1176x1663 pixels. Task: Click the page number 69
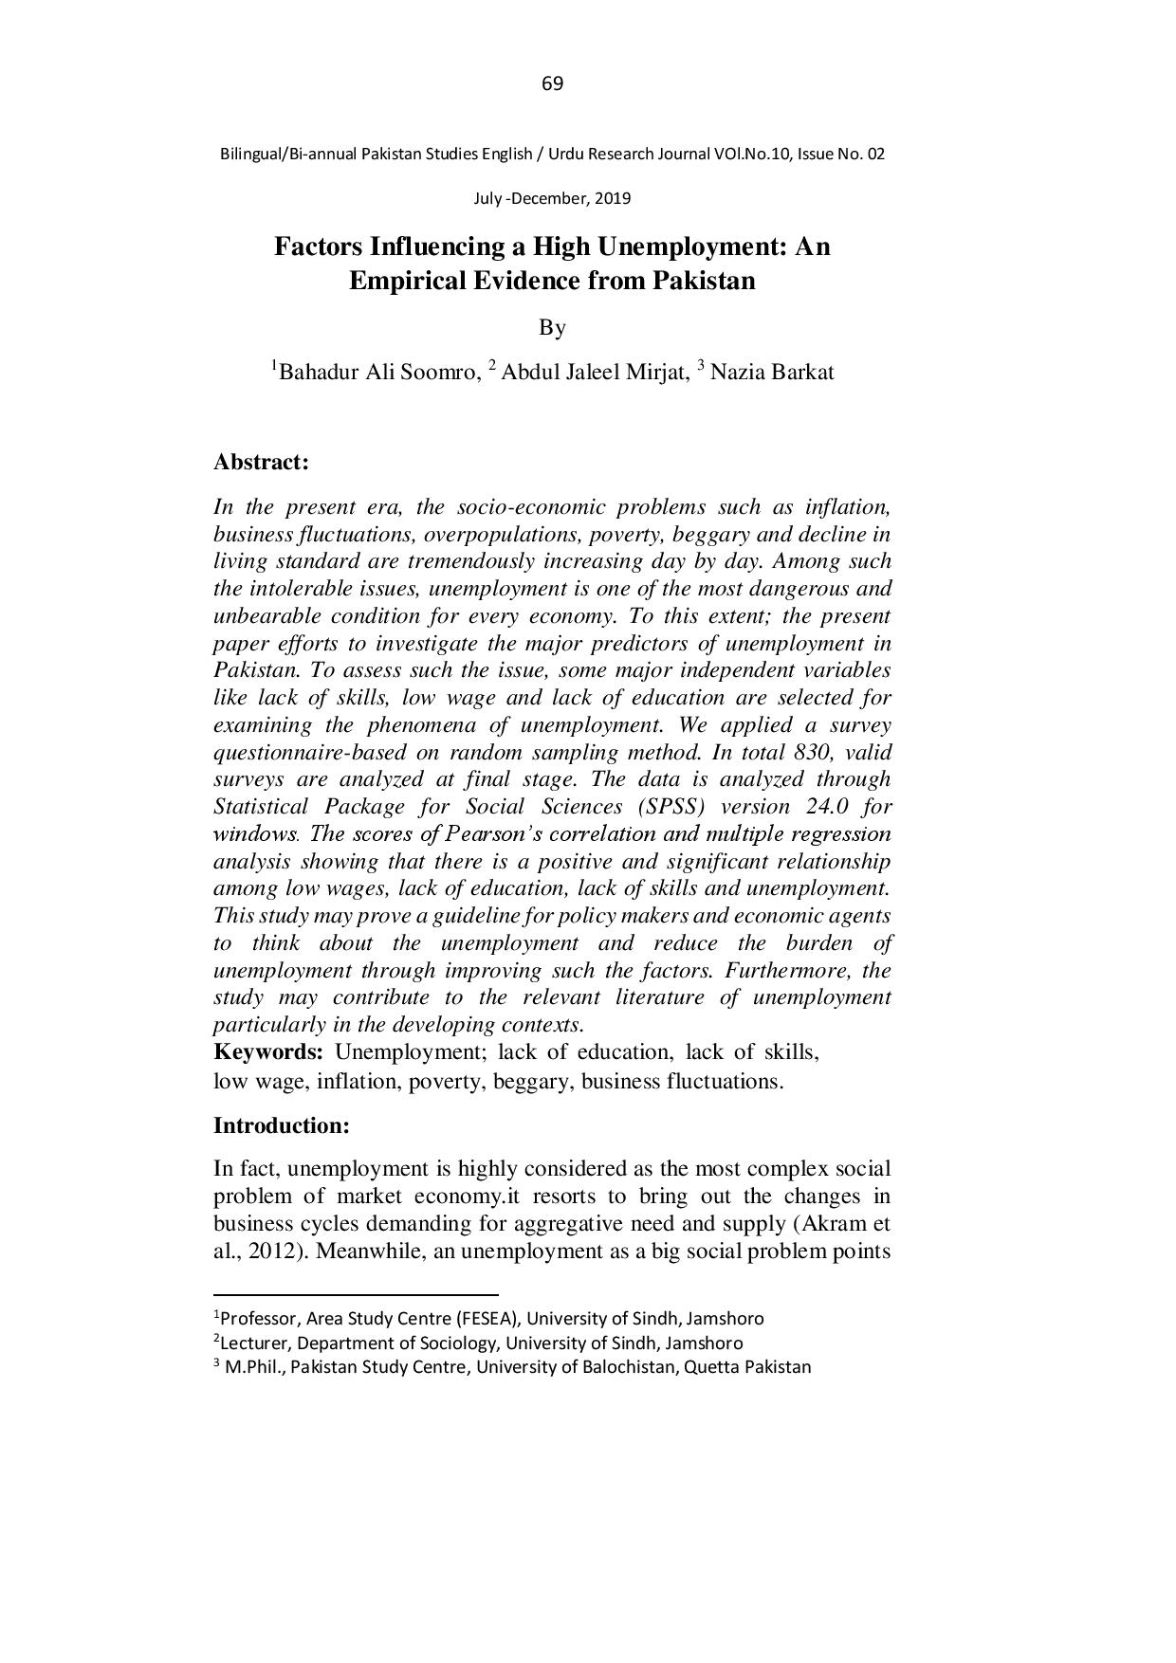552,84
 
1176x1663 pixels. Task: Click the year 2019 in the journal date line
613,199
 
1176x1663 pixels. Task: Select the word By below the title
552,328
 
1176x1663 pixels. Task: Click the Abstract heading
261,463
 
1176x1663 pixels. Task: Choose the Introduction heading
282,1126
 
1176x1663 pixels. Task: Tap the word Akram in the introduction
833,1223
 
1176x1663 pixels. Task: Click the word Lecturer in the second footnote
249,1343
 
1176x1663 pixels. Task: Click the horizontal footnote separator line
356,1294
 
